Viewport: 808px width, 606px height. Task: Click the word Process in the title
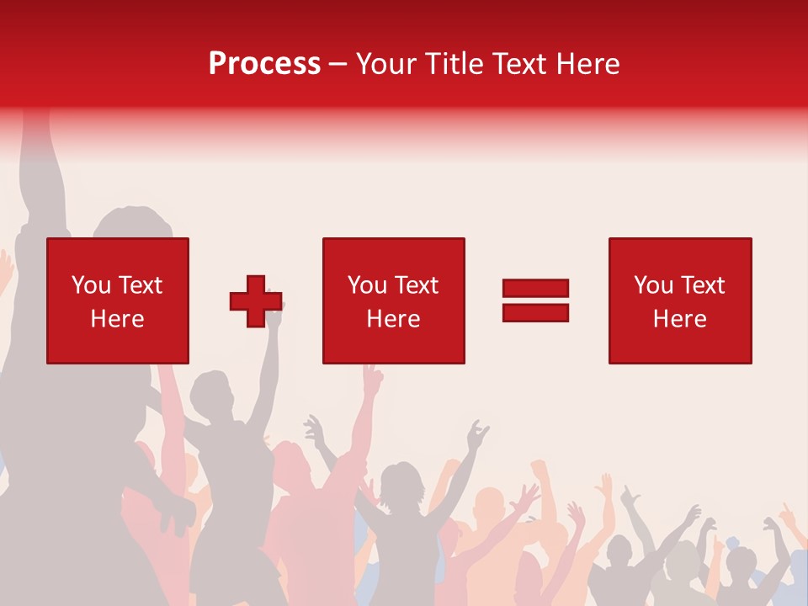[x=264, y=64]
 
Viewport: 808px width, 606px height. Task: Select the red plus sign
[x=256, y=301]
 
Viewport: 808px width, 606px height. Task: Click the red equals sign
[x=535, y=300]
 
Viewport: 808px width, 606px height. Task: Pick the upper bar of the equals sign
[x=535, y=289]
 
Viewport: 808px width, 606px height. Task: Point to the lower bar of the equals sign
[x=535, y=312]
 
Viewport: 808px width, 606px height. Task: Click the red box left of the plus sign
[x=117, y=252]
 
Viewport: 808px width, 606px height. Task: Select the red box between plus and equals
[x=393, y=252]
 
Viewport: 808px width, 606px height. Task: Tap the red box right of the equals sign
[x=679, y=252]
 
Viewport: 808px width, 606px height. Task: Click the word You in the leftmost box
[x=91, y=285]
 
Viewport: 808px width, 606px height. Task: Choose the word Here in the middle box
[x=393, y=319]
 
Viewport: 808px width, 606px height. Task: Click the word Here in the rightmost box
[x=679, y=319]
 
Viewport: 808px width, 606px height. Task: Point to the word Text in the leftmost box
[x=140, y=285]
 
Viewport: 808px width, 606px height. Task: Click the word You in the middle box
[x=367, y=285]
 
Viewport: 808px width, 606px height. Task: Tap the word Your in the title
[x=385, y=64]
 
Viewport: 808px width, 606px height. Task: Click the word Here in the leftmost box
[x=117, y=319]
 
